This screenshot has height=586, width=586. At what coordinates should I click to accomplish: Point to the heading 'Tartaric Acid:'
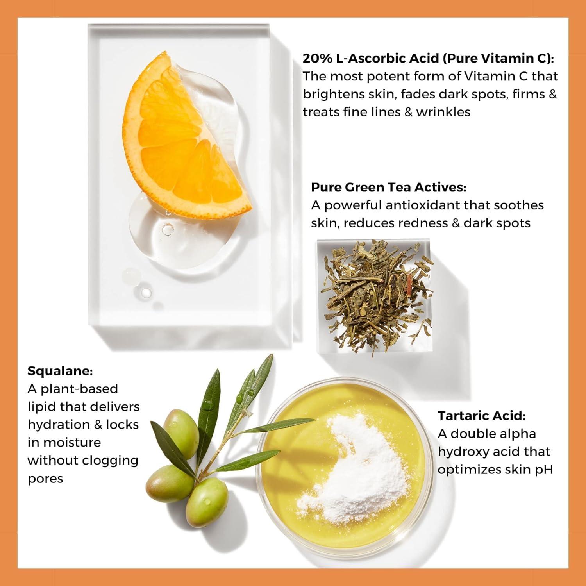pyautogui.click(x=482, y=416)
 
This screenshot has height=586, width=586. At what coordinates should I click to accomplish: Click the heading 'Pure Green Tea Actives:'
pyautogui.click(x=389, y=188)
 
